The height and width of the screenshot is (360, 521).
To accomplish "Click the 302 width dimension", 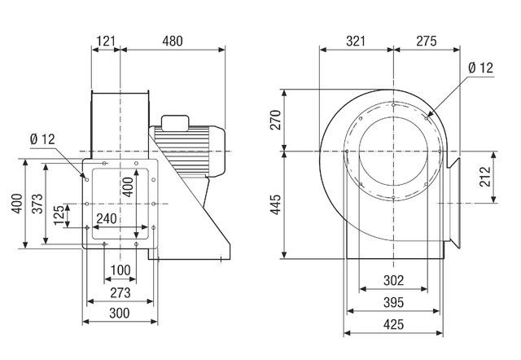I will (x=392, y=279).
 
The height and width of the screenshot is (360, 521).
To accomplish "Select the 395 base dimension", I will (x=392, y=303).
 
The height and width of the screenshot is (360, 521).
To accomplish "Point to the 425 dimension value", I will (x=392, y=325).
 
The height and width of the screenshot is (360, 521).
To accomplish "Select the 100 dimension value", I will (x=120, y=270).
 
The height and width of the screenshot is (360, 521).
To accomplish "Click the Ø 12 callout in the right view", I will (x=481, y=69).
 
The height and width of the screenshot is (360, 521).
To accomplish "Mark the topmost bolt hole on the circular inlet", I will (x=394, y=105).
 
